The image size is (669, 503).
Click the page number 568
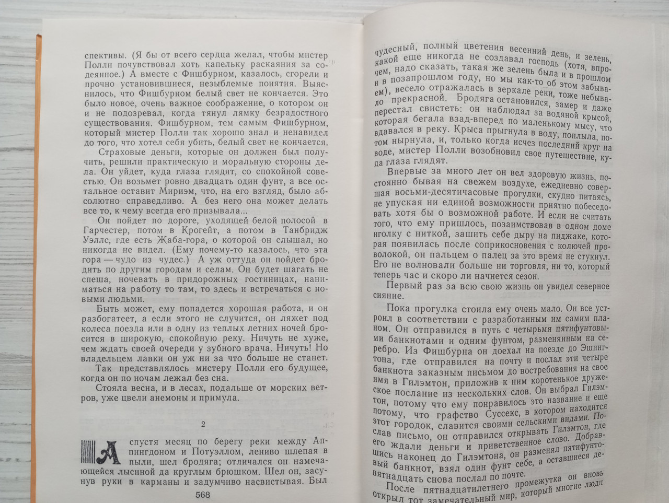click(202, 494)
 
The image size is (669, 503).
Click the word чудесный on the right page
click(396, 45)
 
